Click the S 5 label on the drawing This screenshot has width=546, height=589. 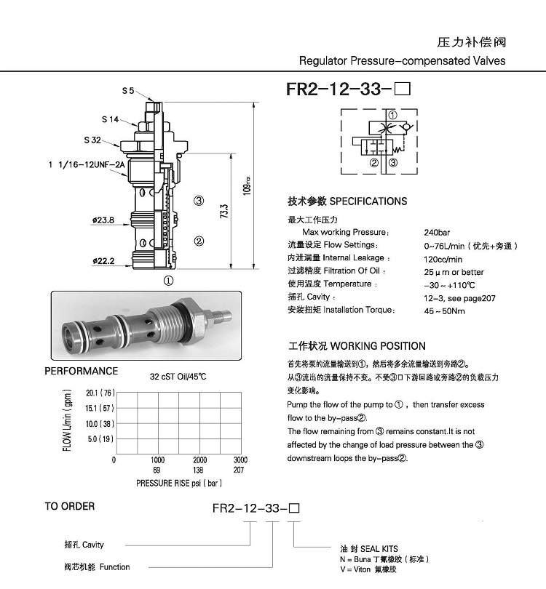click(x=128, y=91)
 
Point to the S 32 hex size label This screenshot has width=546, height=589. click(x=92, y=140)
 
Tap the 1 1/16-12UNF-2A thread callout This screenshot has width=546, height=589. click(x=87, y=165)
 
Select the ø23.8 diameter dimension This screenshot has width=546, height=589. click(x=103, y=220)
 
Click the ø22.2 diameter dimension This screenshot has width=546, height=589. click(x=103, y=260)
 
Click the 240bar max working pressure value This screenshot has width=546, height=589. click(x=438, y=233)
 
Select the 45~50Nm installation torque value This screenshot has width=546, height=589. click(x=444, y=310)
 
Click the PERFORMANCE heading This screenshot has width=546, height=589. click(x=82, y=371)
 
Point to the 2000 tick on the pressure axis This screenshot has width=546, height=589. click(x=199, y=460)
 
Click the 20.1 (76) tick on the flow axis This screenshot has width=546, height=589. click(x=100, y=392)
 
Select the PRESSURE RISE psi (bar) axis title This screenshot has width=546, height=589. click(x=178, y=483)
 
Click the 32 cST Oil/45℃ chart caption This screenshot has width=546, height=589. click(x=178, y=377)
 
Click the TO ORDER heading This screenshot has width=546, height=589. click(x=70, y=506)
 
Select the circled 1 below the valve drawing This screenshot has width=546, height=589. click(x=167, y=279)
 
